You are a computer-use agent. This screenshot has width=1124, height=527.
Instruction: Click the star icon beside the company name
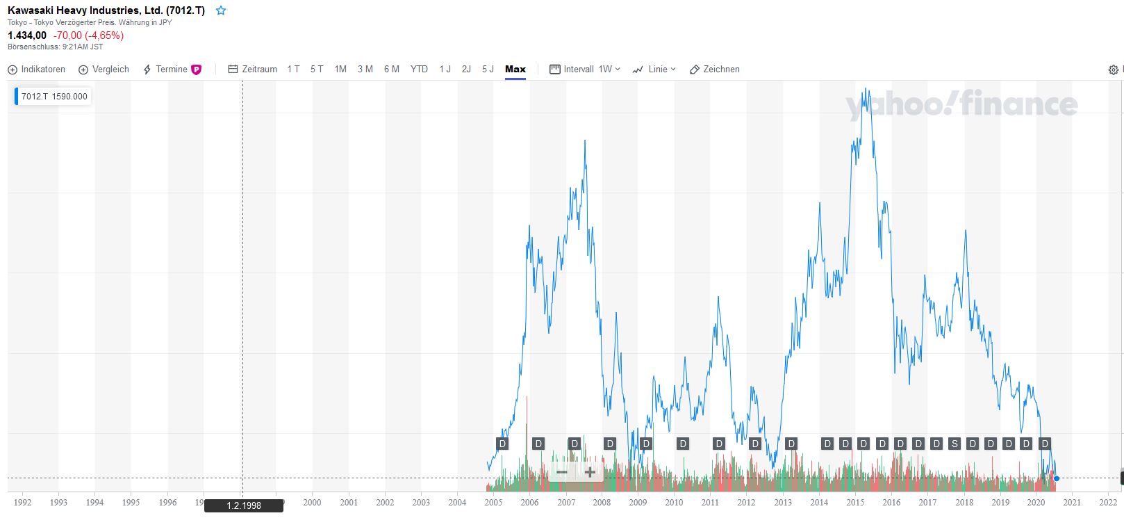click(x=221, y=10)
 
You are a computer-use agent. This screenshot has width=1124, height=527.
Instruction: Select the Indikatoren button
click(x=37, y=70)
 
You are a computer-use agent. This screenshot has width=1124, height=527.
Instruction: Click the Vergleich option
click(x=104, y=70)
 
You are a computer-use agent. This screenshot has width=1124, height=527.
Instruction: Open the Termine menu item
click(x=172, y=70)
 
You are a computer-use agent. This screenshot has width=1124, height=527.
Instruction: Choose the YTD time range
click(x=419, y=70)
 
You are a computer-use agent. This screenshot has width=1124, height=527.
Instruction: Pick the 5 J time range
click(x=488, y=70)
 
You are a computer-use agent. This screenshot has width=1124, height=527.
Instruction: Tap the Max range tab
click(x=515, y=70)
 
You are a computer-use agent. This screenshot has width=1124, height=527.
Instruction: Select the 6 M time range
click(x=392, y=70)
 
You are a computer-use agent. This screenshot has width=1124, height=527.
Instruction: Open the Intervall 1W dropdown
click(x=585, y=70)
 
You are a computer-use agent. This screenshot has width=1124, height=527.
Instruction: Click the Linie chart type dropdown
click(x=654, y=70)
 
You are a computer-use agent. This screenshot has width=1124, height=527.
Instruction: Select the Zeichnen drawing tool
click(x=714, y=70)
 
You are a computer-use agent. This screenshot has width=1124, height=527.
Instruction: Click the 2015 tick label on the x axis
click(x=855, y=502)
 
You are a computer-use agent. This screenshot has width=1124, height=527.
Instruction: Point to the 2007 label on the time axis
click(x=566, y=502)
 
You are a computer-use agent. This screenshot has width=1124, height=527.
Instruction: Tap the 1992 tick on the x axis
click(x=22, y=502)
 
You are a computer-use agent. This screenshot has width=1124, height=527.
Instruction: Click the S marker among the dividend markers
click(x=954, y=444)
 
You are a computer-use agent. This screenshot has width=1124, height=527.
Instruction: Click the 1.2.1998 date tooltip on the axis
click(x=244, y=505)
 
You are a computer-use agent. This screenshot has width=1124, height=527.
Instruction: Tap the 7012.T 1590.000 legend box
click(x=54, y=97)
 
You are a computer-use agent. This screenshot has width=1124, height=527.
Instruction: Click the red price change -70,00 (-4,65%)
click(x=88, y=35)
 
